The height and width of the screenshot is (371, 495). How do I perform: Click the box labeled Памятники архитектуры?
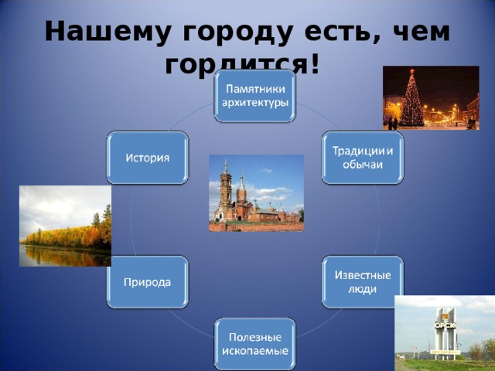[255, 96]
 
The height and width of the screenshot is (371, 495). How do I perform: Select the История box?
[148, 158]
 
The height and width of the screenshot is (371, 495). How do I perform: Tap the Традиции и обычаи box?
[362, 158]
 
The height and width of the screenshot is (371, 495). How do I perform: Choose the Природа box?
[148, 281]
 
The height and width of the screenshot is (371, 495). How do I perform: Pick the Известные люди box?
[362, 281]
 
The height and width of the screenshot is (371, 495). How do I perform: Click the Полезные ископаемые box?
[255, 343]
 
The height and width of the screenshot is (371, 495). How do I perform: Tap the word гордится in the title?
[240, 65]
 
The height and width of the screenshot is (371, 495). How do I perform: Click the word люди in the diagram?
[362, 289]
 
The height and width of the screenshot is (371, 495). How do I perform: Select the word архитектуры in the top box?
[255, 103]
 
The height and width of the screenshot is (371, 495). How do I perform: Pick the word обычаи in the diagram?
[362, 165]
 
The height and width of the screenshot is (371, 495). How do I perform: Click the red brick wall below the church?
[255, 226]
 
